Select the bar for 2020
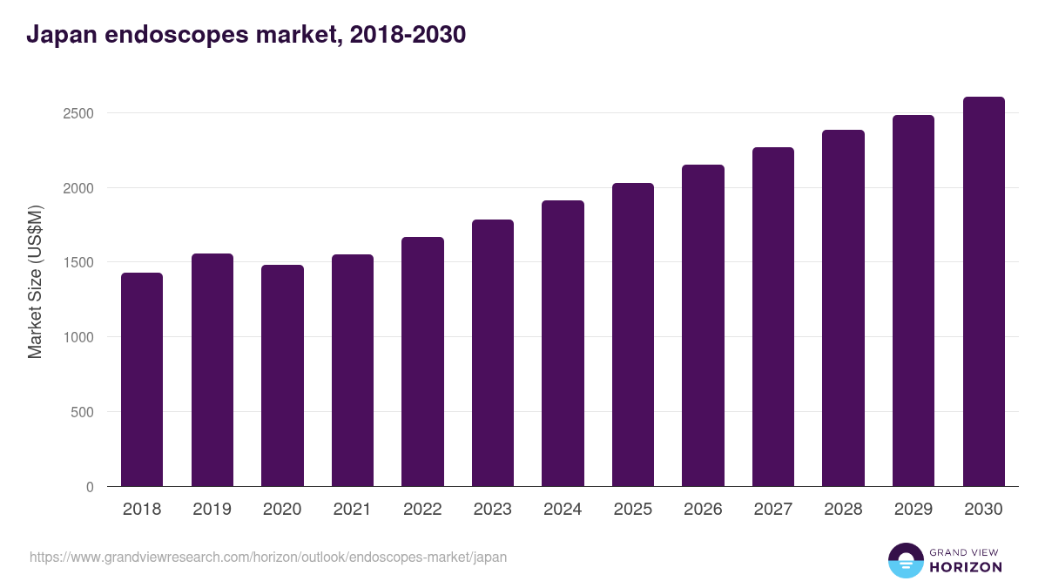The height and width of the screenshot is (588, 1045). (282, 375)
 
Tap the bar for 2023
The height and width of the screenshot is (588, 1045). (492, 353)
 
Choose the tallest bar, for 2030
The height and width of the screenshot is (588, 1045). (983, 291)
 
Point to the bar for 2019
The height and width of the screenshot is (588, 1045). (212, 369)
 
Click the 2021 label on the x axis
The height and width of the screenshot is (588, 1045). (352, 510)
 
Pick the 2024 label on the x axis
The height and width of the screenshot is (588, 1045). (563, 510)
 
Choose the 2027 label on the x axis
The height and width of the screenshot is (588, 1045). (772, 510)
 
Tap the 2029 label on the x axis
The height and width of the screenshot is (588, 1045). (913, 510)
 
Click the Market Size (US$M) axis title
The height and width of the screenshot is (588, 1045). (35, 281)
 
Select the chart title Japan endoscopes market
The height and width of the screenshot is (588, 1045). (246, 35)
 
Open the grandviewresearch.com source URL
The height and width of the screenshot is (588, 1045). (268, 557)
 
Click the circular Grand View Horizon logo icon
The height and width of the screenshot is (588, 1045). (905, 560)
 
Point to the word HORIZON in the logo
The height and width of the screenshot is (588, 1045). (966, 567)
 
